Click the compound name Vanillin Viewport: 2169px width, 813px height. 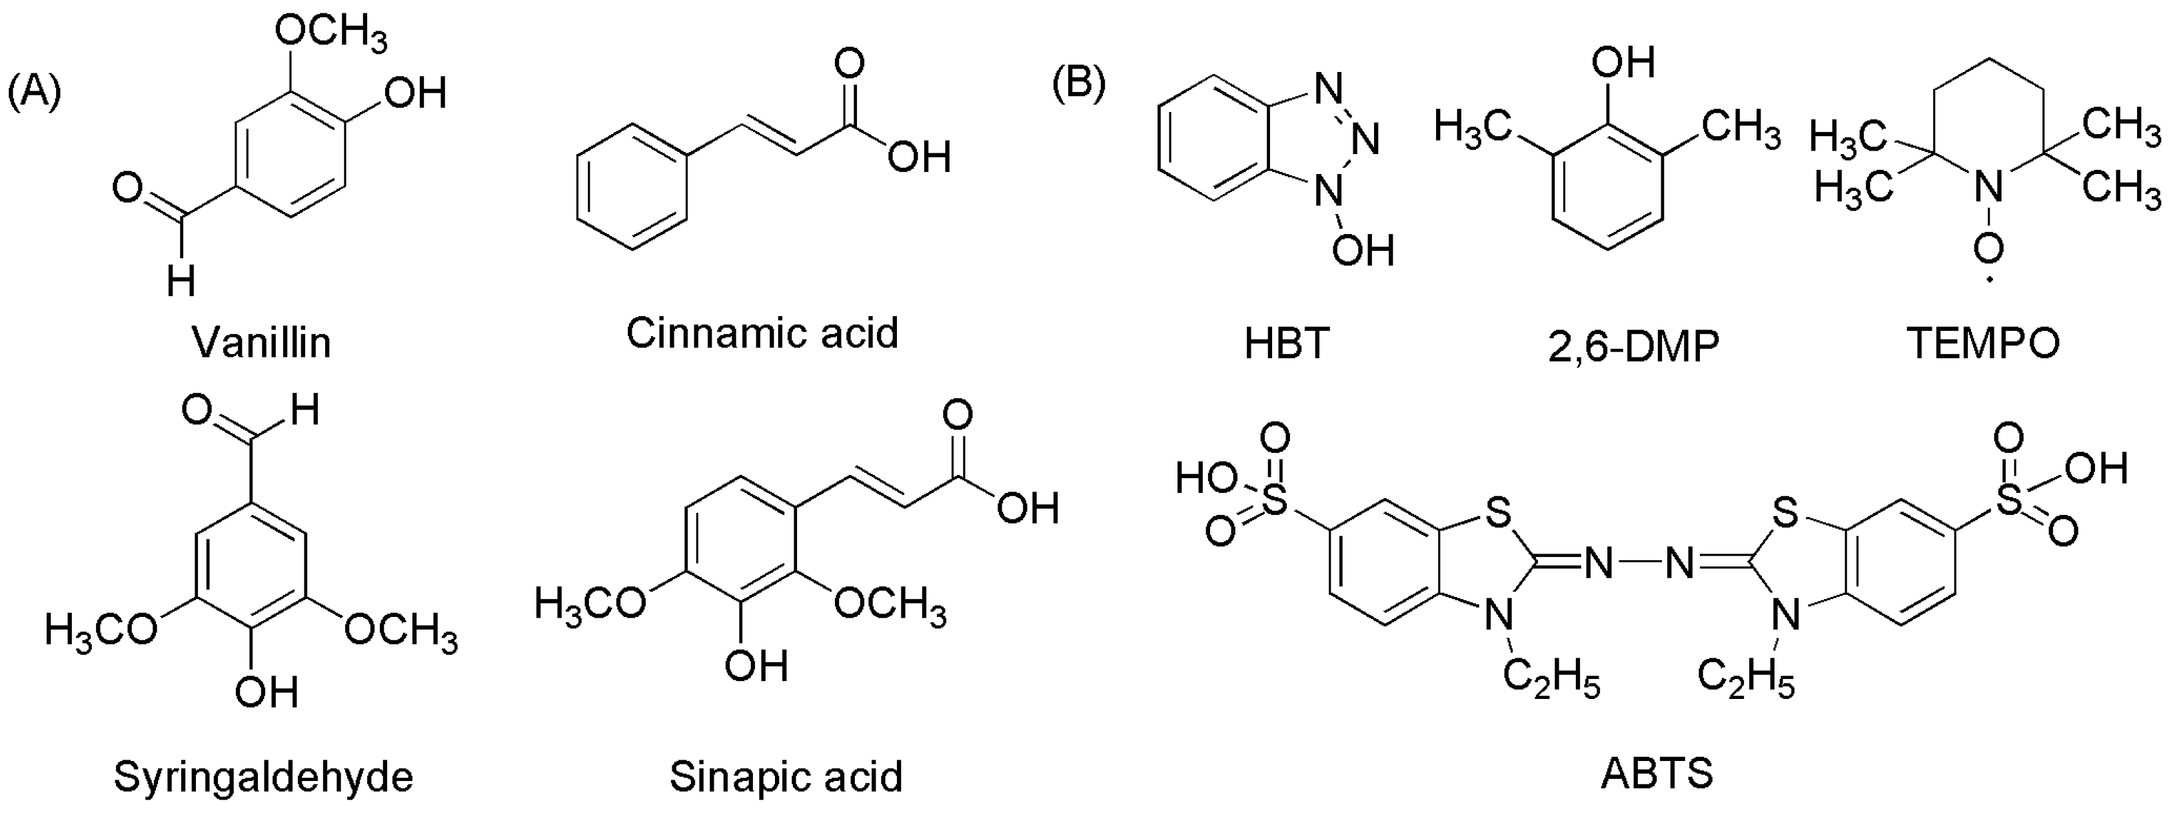click(x=262, y=343)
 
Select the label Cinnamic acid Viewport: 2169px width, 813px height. click(x=762, y=333)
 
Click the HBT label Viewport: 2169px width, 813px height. click(x=1285, y=343)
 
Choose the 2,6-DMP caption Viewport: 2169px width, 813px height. click(x=1633, y=345)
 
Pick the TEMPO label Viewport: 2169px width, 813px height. click(x=1983, y=343)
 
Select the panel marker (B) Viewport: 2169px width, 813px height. click(x=1079, y=83)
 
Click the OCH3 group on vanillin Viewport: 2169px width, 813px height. click(x=331, y=35)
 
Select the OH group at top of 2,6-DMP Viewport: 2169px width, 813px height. click(x=1623, y=62)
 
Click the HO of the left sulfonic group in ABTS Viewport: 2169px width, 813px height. click(x=1205, y=479)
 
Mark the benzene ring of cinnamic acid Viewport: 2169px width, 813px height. click(x=632, y=187)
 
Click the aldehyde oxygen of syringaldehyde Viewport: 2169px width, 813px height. click(x=197, y=412)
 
